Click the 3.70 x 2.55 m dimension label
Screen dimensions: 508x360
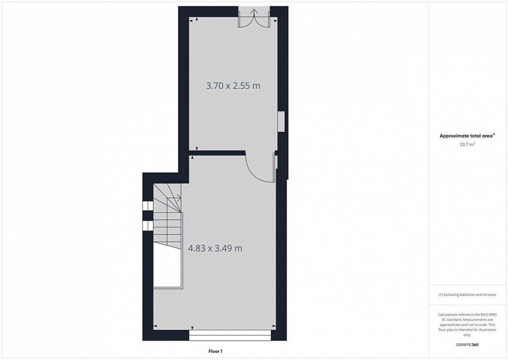233,86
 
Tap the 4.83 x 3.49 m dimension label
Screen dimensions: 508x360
215,248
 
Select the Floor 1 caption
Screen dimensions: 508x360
215,352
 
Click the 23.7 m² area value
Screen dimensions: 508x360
467,144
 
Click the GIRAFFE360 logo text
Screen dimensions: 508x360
467,345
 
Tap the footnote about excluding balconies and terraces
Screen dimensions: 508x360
467,295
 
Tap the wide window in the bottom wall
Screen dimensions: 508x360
230,335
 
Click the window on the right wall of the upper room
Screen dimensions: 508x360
282,121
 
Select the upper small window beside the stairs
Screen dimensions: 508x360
148,206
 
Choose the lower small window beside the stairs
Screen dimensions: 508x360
148,225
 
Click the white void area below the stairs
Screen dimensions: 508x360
167,268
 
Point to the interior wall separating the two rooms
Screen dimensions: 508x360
217,153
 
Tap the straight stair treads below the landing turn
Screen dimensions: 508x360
167,230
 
